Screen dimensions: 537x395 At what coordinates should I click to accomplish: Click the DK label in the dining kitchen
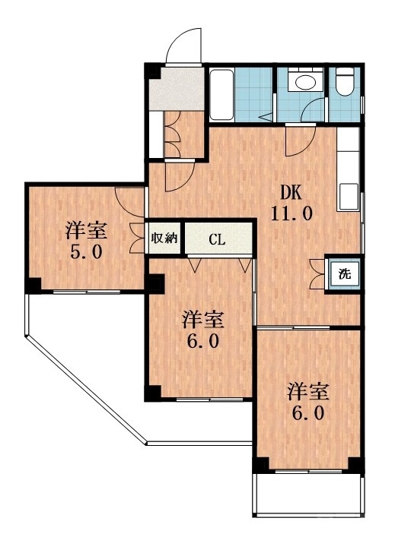tap(290, 192)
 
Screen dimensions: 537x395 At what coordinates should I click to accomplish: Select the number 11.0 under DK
tap(290, 213)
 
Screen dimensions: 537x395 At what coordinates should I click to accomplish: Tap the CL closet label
tap(217, 240)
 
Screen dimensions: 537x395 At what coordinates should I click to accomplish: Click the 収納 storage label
tap(164, 238)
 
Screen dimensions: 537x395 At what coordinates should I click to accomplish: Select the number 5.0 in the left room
tap(85, 251)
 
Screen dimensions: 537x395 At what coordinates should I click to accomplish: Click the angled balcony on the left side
tap(84, 365)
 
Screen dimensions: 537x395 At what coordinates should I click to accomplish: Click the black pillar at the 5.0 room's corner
tap(33, 285)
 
